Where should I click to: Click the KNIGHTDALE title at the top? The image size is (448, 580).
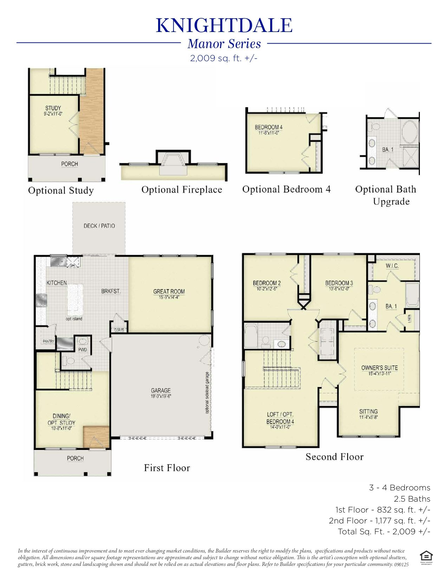pyautogui.click(x=224, y=25)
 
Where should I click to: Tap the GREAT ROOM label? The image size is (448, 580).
pyautogui.click(x=169, y=291)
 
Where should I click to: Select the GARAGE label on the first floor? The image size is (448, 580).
pyautogui.click(x=161, y=391)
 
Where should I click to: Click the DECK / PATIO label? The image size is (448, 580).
pyautogui.click(x=99, y=226)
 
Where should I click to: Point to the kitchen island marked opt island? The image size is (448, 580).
pyautogui.click(x=75, y=300)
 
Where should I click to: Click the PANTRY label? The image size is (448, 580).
pyautogui.click(x=48, y=341)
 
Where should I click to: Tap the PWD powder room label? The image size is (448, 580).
pyautogui.click(x=83, y=350)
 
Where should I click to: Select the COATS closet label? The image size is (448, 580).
pyautogui.click(x=119, y=330)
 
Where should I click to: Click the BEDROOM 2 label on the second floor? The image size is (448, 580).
pyautogui.click(x=267, y=283)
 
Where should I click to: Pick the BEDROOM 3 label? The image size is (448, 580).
pyautogui.click(x=339, y=283)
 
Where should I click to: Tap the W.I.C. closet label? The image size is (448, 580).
pyautogui.click(x=392, y=266)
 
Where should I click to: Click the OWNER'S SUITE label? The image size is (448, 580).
pyautogui.click(x=379, y=368)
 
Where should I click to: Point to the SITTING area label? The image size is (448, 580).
pyautogui.click(x=368, y=412)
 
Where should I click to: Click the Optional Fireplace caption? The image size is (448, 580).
pyautogui.click(x=182, y=190)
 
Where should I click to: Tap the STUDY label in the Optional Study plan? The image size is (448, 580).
pyautogui.click(x=53, y=108)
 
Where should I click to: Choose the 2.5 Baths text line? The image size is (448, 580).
pyautogui.click(x=412, y=499)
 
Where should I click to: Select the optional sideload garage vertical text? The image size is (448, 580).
pyautogui.click(x=207, y=393)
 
